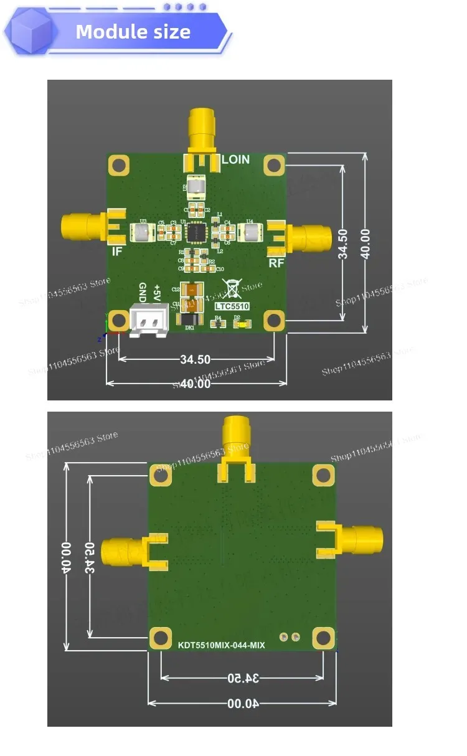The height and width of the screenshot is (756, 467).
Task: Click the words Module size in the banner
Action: point(133,32)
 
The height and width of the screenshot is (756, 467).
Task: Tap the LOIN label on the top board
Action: point(235,159)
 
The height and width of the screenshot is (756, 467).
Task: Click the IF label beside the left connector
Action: point(116,252)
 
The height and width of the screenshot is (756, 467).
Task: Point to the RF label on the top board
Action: point(276,263)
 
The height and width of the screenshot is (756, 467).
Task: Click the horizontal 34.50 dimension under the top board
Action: point(195,359)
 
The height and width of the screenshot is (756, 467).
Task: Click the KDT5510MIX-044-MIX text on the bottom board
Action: point(221,645)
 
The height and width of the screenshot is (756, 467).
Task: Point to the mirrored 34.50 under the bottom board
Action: point(242,677)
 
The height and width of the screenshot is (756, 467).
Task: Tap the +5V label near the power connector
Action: point(158,291)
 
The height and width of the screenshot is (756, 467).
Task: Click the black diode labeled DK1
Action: point(189,319)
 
